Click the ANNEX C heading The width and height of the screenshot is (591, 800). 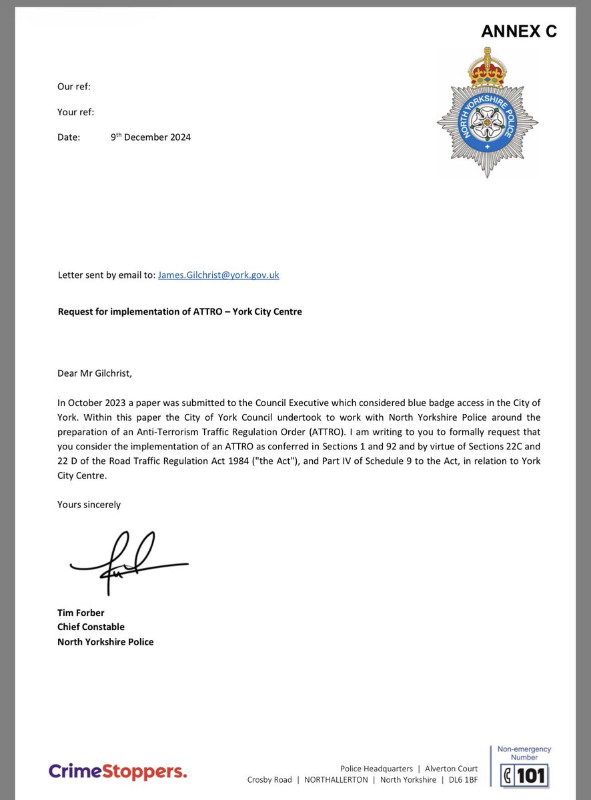518,31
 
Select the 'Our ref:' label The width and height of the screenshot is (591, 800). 73,87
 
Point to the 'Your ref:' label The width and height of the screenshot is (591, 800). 75,112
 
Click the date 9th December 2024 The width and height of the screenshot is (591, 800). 151,137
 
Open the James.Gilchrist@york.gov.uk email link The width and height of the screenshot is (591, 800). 218,275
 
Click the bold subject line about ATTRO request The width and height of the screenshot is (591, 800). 179,311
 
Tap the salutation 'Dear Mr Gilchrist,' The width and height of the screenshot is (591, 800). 95,373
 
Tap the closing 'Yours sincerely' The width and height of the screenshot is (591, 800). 89,505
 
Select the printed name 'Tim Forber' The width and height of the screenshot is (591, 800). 81,613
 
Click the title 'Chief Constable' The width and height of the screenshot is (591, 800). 91,627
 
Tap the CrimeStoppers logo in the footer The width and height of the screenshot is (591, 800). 117,771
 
